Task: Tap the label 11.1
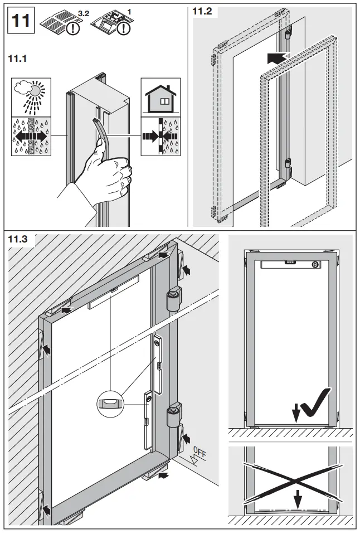(19, 58)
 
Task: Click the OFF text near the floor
(199, 453)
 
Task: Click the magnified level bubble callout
(110, 402)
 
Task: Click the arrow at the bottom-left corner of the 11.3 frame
(46, 508)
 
